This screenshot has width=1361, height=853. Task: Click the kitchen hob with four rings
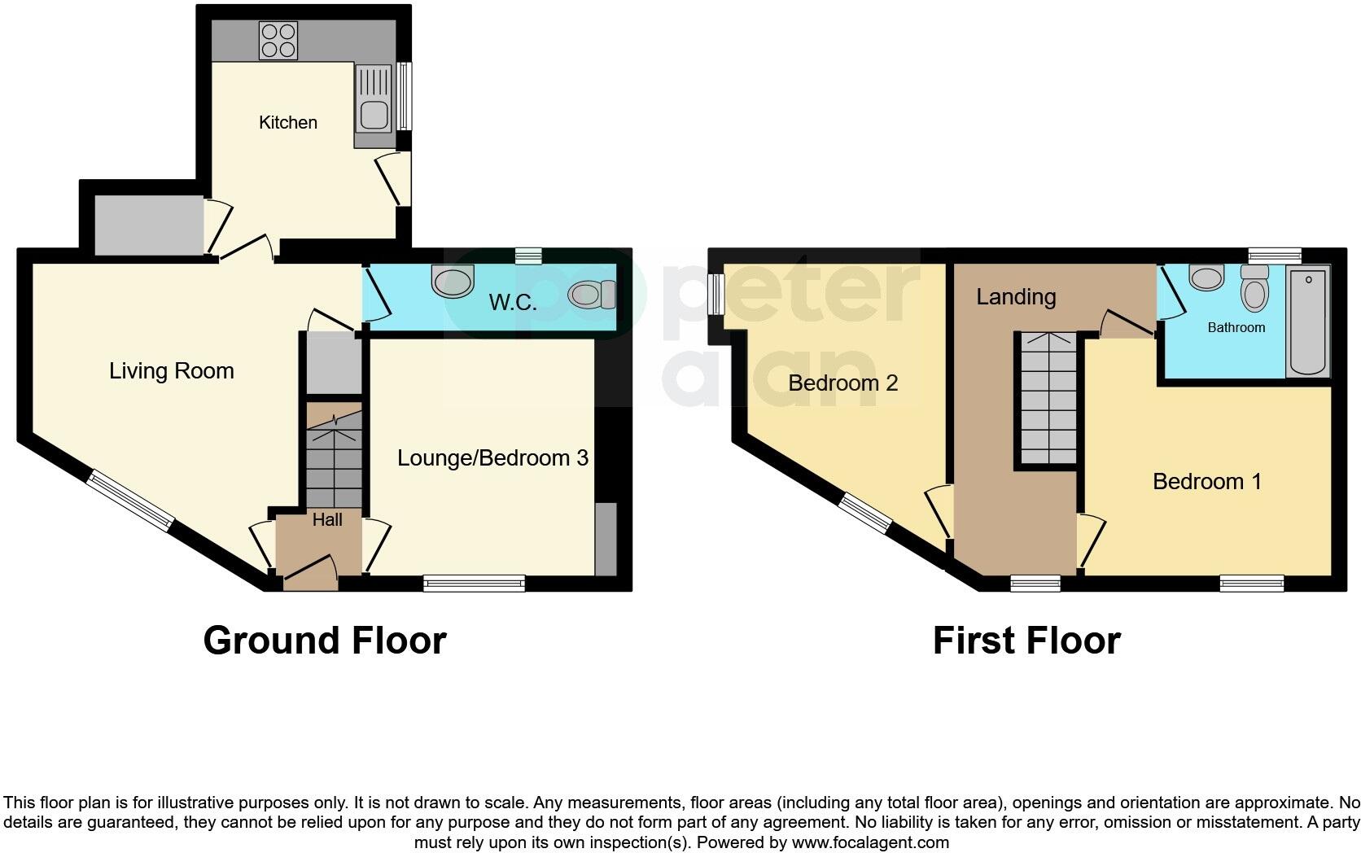click(x=278, y=40)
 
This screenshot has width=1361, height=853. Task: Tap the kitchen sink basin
click(x=374, y=115)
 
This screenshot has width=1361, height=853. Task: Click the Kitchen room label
click(x=287, y=123)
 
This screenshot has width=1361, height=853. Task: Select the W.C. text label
click(x=512, y=303)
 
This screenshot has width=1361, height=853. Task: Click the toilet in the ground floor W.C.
click(x=593, y=295)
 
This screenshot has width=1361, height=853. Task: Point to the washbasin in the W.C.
click(x=453, y=282)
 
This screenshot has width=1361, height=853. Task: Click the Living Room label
click(x=171, y=371)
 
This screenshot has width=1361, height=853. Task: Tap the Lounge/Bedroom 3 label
click(x=492, y=458)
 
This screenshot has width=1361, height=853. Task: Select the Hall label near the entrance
click(x=327, y=520)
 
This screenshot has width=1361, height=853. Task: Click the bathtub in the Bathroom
click(x=1307, y=322)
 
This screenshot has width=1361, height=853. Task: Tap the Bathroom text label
click(x=1236, y=327)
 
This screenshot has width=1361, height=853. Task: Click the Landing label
click(x=1015, y=297)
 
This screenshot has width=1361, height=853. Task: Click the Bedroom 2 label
click(x=842, y=383)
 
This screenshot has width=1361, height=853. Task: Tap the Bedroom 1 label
click(x=1206, y=482)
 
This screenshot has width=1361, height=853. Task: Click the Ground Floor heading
click(x=324, y=641)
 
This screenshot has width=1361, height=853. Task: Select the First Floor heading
click(x=1026, y=641)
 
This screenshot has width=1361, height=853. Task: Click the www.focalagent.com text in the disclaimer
click(x=870, y=842)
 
